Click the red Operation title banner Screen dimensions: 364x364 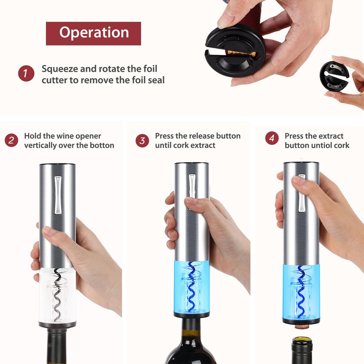click(93, 34)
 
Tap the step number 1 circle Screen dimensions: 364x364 click(26, 73)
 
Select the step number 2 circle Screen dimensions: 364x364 click(11, 140)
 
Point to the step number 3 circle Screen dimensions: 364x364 click(142, 141)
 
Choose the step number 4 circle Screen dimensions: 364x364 click(272, 138)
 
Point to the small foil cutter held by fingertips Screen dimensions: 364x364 click(334, 75)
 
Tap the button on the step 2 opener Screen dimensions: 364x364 click(58, 195)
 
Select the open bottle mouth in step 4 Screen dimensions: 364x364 click(302, 341)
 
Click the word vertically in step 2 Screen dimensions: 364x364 click(40, 146)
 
